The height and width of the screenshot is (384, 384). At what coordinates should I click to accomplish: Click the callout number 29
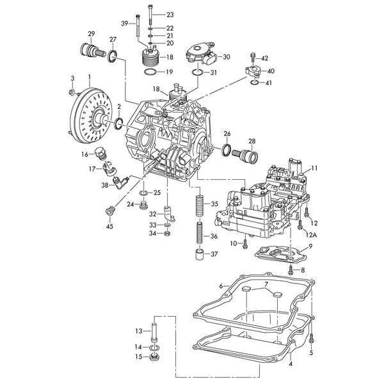(92, 33)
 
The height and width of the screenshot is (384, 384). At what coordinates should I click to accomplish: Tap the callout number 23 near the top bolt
(170, 14)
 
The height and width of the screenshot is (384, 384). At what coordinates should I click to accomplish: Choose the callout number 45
(109, 225)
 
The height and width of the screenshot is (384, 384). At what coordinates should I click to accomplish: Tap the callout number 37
(214, 254)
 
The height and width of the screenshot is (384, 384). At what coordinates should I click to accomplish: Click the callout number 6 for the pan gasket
(221, 285)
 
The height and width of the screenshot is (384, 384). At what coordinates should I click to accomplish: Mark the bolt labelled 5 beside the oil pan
(311, 337)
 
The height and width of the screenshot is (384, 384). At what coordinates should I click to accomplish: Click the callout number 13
(138, 331)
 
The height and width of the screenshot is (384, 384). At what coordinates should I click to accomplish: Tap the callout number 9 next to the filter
(310, 247)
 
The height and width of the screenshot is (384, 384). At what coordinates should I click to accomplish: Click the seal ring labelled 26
(227, 150)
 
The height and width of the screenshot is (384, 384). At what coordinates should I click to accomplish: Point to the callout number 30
(227, 57)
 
